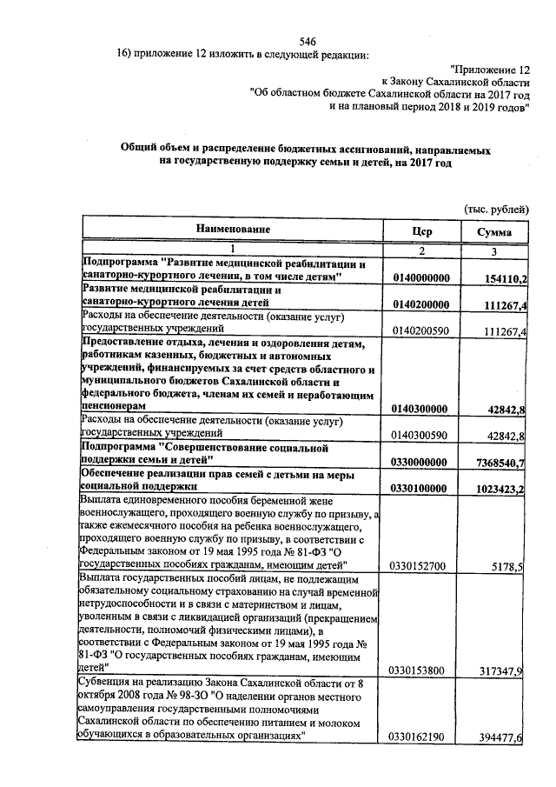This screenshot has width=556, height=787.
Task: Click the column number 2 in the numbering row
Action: tap(420, 251)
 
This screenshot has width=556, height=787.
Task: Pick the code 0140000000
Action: tap(420, 277)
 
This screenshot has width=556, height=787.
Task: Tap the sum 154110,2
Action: tap(503, 277)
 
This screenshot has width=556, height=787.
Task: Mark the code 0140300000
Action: tap(420, 409)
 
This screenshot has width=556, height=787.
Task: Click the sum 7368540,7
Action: tap(500, 462)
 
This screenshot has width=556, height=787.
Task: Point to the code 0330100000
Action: tap(420, 489)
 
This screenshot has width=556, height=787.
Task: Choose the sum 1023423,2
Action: tap(500, 489)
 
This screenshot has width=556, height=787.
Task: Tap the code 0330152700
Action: tap(420, 567)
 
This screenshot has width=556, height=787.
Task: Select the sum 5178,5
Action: tap(508, 567)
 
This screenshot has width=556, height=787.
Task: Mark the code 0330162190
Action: tap(420, 737)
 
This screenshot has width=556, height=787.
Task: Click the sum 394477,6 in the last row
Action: tap(503, 737)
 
